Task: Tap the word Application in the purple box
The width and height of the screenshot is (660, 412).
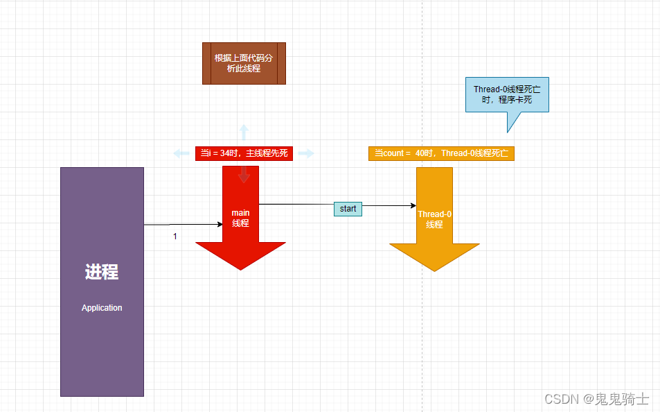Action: [102, 308]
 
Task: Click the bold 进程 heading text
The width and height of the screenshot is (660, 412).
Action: [102, 273]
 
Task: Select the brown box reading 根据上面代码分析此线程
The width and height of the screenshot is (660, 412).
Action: [244, 63]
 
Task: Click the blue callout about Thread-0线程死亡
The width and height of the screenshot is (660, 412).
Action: [507, 94]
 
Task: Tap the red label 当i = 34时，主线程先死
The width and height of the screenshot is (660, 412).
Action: [244, 153]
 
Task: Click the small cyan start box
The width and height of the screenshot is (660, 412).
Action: [348, 209]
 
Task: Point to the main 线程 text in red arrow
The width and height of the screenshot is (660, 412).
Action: [240, 218]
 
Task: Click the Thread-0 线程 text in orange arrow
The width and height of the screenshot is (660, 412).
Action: [434, 219]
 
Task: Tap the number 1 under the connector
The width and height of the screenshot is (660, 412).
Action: [175, 237]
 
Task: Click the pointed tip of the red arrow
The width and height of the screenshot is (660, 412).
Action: [240, 268]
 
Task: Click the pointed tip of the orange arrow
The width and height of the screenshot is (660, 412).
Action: [434, 270]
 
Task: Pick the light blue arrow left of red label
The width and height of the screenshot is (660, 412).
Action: [181, 153]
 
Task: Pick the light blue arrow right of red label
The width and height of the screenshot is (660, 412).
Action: [307, 153]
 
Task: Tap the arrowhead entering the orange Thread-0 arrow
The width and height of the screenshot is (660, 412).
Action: [413, 205]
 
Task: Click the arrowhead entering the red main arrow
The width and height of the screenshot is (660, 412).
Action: [219, 224]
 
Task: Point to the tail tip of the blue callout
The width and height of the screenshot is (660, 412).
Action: [508, 131]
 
